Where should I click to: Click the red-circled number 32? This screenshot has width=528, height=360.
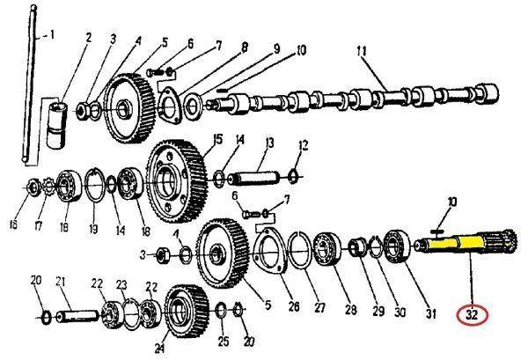pyautogui.click(x=472, y=315)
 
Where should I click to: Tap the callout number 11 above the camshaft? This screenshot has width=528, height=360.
pyautogui.click(x=362, y=52)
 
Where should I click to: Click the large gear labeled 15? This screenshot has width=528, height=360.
pyautogui.click(x=177, y=182)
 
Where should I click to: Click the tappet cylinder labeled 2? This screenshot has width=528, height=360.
pyautogui.click(x=56, y=126)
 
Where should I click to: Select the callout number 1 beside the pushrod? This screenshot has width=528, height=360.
pyautogui.click(x=52, y=34)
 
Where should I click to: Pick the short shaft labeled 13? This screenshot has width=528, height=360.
pyautogui.click(x=254, y=178)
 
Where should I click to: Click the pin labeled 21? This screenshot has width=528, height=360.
pyautogui.click(x=77, y=317)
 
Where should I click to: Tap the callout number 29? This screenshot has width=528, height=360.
pyautogui.click(x=378, y=311)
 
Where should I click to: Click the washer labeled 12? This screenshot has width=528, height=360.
pyautogui.click(x=293, y=176)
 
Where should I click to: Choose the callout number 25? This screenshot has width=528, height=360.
pyautogui.click(x=224, y=342)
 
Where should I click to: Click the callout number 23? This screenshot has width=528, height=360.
pyautogui.click(x=121, y=285)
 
